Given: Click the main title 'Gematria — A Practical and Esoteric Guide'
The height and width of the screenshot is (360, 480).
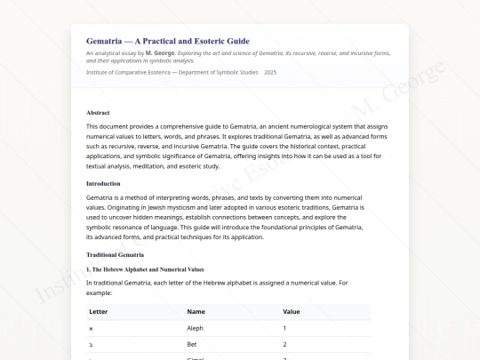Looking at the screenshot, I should pos(167,41).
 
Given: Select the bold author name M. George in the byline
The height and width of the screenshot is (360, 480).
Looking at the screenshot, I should pos(160,53).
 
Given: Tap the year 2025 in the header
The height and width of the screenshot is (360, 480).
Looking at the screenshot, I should pos(270,71).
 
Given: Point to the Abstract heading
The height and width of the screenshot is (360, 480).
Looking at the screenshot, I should pos(99,113).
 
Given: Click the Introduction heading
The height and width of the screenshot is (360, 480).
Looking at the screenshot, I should pos(105,183).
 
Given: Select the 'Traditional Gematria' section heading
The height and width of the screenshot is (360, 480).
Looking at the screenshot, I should pos(115,255).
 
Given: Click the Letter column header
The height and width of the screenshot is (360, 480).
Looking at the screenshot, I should pos(99,312).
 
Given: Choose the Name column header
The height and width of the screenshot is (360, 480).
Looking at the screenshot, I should pos(196,312).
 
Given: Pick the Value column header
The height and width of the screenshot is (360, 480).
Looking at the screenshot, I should pos(292,312).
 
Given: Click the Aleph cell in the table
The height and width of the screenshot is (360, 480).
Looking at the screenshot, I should pos(196,328).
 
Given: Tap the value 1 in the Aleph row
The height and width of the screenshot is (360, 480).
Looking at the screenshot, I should pos(284,328).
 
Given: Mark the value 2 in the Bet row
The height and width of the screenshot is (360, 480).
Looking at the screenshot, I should pos(284,344).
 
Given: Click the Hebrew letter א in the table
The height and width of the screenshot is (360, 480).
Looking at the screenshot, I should pos(91,328).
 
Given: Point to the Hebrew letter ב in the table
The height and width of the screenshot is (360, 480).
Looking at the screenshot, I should pos(91,344).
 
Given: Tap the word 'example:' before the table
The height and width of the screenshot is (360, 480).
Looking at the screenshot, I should pos(99,292).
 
